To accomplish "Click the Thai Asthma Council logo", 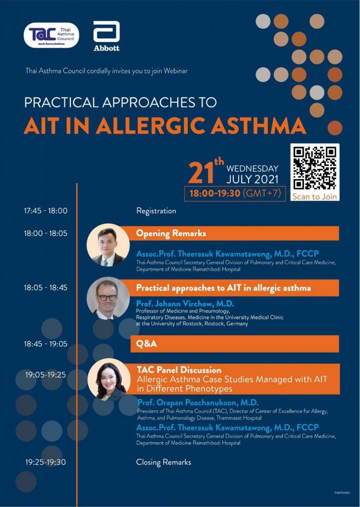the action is coord(51,35).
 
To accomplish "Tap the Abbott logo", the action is coord(106,36).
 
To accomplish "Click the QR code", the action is coord(315,168).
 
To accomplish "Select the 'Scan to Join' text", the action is coord(314,196).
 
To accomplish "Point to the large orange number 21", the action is coord(201,172).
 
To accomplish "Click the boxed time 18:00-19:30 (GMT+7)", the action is coord(235,194).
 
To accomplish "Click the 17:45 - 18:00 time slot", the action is coord(46,211).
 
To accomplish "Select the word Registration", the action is coord(156,211).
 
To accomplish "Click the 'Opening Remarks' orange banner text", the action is coord(171,233).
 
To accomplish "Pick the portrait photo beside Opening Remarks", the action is coord(108,245).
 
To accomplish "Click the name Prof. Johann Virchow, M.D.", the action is coord(185,304).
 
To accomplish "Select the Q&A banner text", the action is coord(147,344).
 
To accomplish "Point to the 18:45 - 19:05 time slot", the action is coord(46,344).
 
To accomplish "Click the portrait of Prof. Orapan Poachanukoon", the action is coord(109,380).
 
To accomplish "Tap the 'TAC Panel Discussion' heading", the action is coord(179,369).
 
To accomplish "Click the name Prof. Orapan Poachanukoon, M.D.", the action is coord(198,403).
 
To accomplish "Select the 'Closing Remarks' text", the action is coord(164,462).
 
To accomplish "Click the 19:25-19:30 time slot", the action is coord(46,462).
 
